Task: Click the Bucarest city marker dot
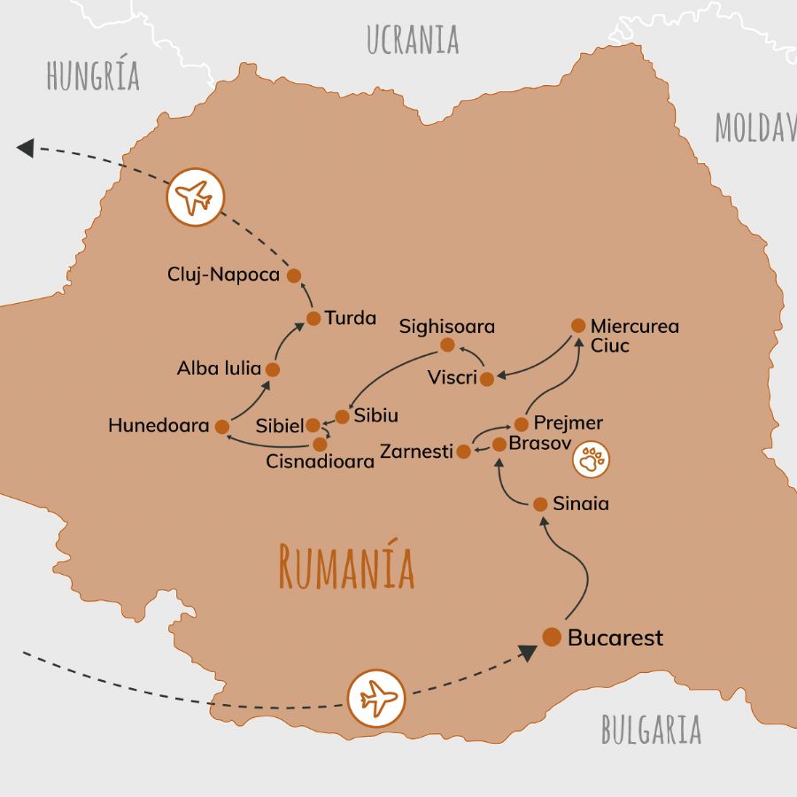[552, 637]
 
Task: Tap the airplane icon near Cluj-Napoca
[195, 197]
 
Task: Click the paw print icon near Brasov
[591, 460]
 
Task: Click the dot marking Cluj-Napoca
[294, 275]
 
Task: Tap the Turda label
[351, 318]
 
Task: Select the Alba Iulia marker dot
[273, 369]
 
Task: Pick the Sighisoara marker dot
[447, 344]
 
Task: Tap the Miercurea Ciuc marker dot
[578, 325]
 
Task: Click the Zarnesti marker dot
[463, 452]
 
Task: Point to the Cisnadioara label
[320, 461]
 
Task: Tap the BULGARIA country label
[651, 729]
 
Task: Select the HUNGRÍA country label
[93, 76]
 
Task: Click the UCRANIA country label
[413, 40]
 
